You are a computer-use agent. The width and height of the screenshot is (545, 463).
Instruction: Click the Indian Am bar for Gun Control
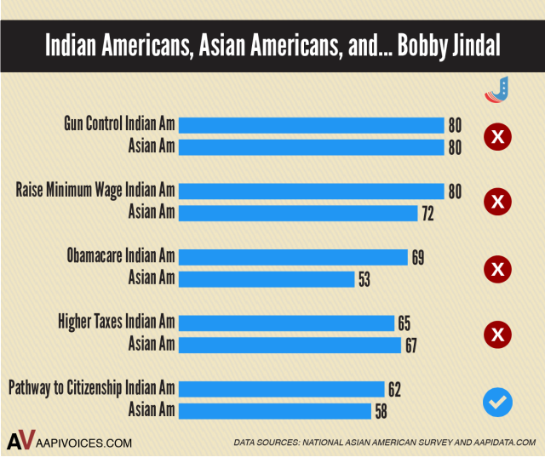pos(312,125)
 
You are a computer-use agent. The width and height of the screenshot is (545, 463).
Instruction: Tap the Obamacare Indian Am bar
pos(294,257)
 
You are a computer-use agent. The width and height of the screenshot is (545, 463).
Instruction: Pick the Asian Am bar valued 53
pos(267,278)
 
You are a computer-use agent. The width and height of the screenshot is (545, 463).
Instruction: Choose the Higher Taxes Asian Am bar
pos(290,345)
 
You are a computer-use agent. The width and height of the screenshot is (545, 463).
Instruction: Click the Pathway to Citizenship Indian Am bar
pos(282,389)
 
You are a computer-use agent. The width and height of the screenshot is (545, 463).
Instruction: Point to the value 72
pos(427,213)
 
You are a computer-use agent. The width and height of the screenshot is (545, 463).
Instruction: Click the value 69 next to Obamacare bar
pos(417,257)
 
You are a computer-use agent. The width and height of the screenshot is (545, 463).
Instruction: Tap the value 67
pos(410,345)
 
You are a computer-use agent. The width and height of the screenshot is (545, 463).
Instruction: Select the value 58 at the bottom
pos(381,411)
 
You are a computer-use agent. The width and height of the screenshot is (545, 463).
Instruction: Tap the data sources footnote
pos(384,443)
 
